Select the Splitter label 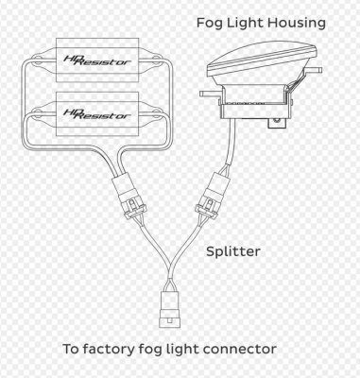(233, 252)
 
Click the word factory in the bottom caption (110, 350)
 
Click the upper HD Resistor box (97, 60)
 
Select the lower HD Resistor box (97, 114)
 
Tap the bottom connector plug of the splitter (170, 309)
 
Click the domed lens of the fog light (262, 61)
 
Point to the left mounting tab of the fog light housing (211, 94)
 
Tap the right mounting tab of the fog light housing (315, 69)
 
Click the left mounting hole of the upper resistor (38, 59)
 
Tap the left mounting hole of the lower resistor (38, 111)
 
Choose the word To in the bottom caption (71, 350)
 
